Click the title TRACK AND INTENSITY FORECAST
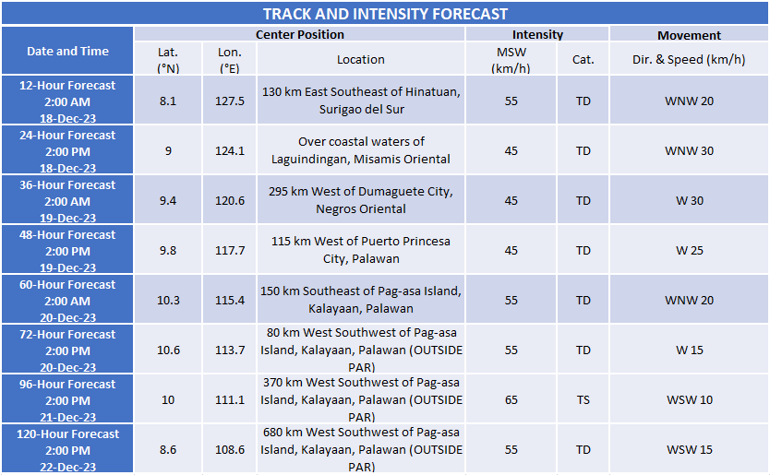[x=385, y=14]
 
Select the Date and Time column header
[x=67, y=52]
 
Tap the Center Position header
[x=299, y=35]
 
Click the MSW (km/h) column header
[x=511, y=60]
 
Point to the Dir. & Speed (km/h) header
[x=689, y=60]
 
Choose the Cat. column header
[x=583, y=60]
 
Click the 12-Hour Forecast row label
[x=67, y=101]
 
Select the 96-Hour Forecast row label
[x=67, y=399]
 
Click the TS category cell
[x=583, y=400]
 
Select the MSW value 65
[x=511, y=400]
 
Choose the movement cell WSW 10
[x=689, y=400]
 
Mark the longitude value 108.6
[x=229, y=450]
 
